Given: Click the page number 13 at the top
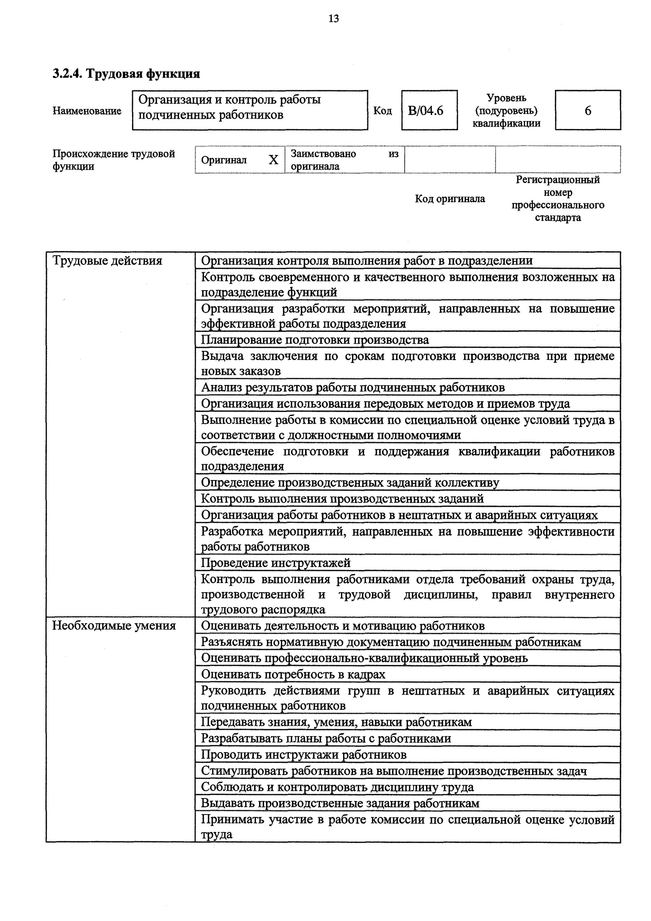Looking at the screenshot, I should click(333, 19).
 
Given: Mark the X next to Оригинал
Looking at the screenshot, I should click(273, 160).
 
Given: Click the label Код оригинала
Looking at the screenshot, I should click(450, 199).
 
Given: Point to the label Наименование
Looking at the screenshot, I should click(87, 111).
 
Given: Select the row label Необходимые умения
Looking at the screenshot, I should click(114, 626).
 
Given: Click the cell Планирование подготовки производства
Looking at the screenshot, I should click(315, 340).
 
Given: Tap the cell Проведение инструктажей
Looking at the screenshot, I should click(276, 563).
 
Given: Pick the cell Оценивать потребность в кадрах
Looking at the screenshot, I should click(293, 674).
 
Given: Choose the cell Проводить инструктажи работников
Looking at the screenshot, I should click(304, 755).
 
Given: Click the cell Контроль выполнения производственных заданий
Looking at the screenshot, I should click(342, 499).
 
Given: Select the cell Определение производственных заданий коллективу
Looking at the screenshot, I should click(350, 483).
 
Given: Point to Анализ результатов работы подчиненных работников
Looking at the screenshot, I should click(353, 387).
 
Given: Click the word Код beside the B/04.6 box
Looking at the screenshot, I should click(382, 111).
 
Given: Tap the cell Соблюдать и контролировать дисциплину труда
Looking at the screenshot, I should click(337, 787).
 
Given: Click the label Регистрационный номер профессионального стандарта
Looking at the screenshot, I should click(558, 199).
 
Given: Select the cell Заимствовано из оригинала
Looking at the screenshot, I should click(344, 160).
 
